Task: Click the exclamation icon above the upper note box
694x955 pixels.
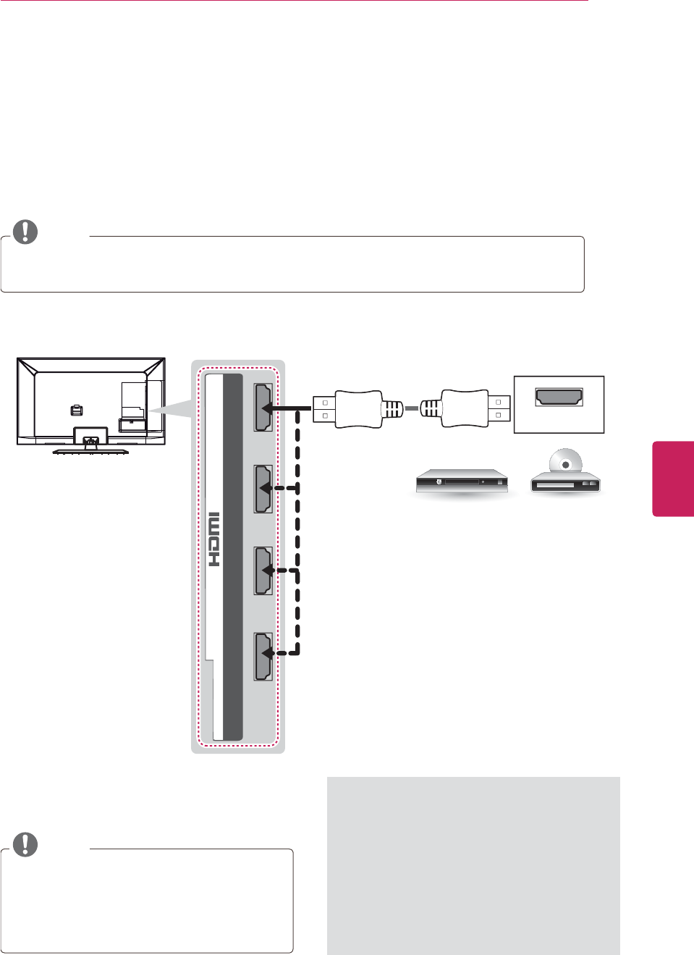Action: (x=25, y=231)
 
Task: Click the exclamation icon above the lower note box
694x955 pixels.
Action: (x=25, y=844)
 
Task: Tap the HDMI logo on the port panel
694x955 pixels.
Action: (x=214, y=539)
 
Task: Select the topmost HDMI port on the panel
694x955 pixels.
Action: (x=263, y=408)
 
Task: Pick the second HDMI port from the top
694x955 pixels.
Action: (x=263, y=489)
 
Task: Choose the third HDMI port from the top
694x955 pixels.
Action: (x=263, y=571)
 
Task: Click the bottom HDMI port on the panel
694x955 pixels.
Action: (x=263, y=656)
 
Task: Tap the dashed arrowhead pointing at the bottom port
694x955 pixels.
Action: (x=266, y=653)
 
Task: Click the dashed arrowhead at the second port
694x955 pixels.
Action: (x=266, y=488)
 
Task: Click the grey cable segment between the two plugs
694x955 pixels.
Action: (x=411, y=409)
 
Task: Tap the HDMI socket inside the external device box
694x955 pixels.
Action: (x=559, y=397)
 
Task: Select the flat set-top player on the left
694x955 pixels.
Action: (x=462, y=481)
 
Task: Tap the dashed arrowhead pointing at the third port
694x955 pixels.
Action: (x=266, y=571)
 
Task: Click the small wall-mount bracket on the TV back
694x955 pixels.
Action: (x=77, y=411)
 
